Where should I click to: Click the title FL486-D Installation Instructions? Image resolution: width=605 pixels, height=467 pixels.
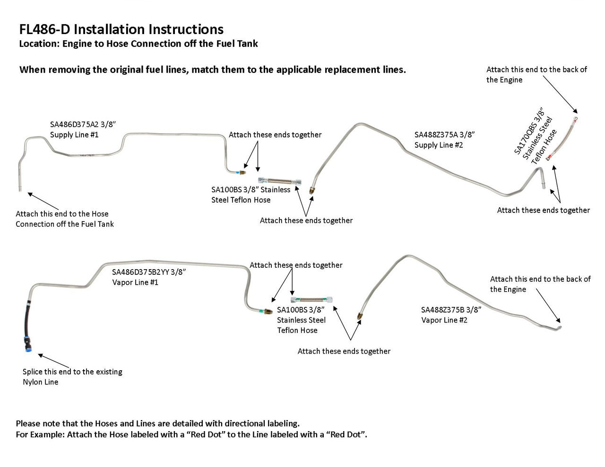(121, 29)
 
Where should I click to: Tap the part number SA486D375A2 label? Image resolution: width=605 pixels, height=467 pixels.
(75, 125)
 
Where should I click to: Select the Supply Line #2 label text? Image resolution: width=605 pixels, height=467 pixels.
(439, 145)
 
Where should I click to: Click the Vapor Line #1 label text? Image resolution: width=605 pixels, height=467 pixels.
(135, 282)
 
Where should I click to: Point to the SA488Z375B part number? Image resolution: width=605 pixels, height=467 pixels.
(443, 310)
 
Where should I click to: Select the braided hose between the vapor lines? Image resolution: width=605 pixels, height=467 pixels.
(311, 299)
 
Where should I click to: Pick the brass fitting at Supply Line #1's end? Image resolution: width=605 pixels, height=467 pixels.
(242, 172)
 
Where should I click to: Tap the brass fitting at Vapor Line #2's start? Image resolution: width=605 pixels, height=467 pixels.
(360, 315)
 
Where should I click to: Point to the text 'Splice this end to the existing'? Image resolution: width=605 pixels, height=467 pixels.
(72, 372)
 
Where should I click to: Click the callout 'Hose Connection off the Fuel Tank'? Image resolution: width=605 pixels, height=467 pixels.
(65, 224)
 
